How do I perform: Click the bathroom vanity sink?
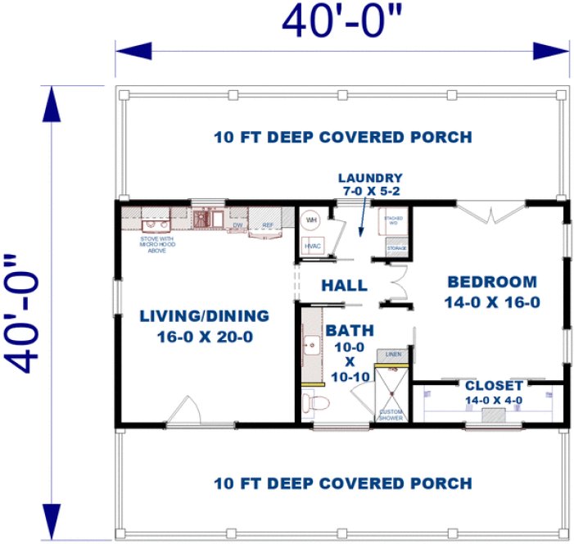310,347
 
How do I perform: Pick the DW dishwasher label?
238,224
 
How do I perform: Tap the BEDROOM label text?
492,282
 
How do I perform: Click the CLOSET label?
494,386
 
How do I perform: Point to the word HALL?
344,286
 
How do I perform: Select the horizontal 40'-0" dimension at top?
342,23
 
